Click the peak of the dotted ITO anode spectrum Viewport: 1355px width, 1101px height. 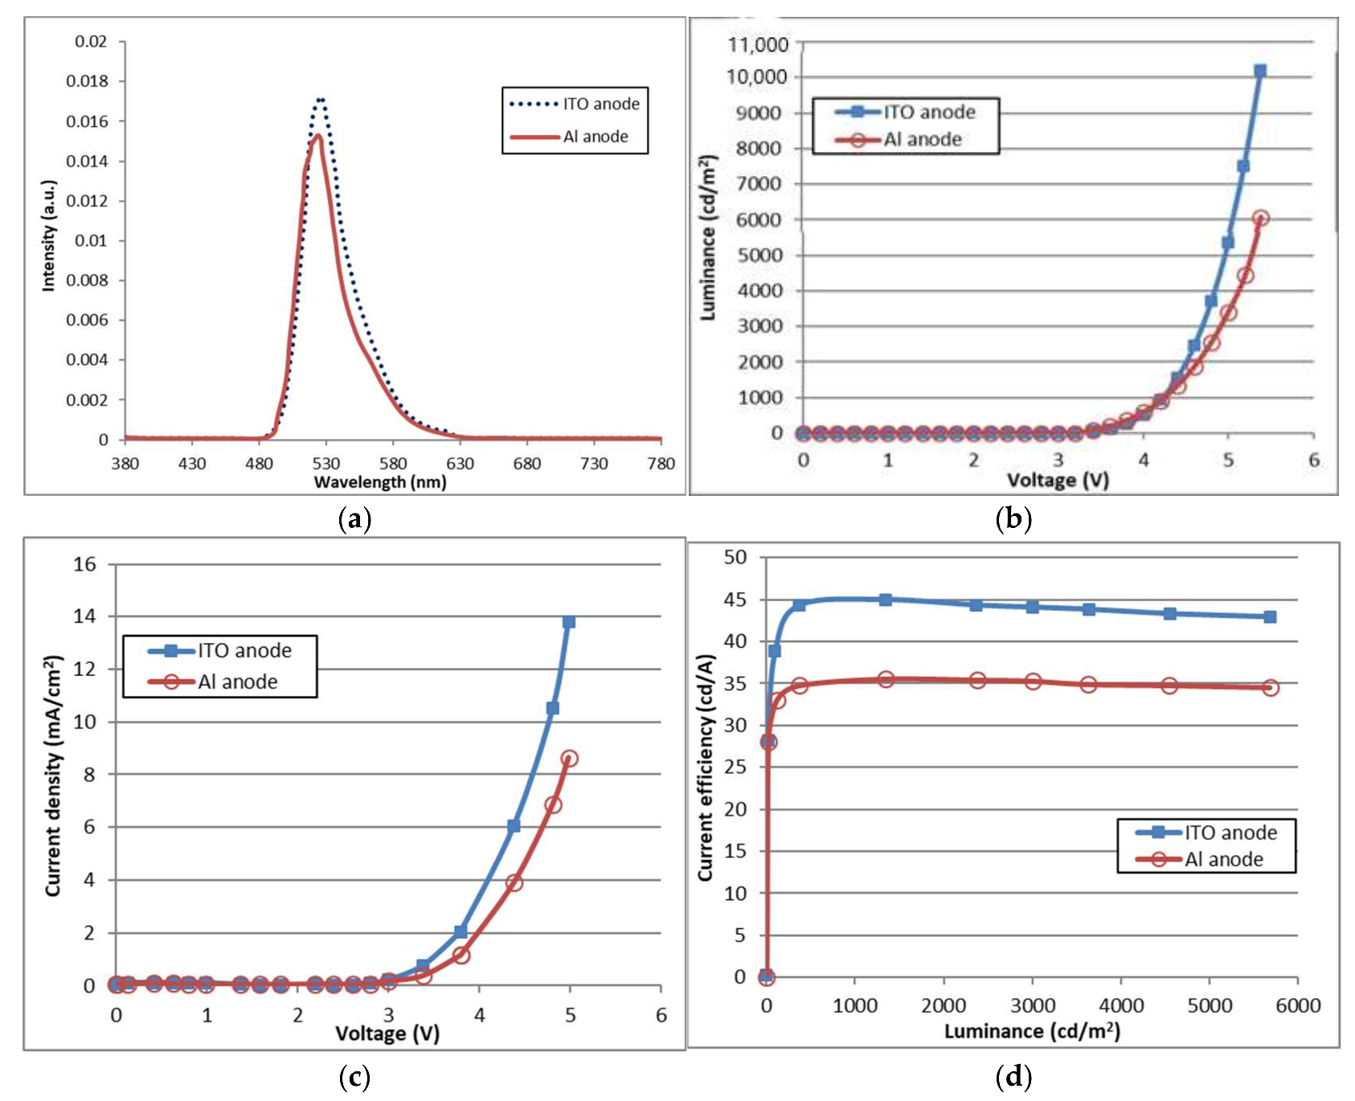click(x=321, y=100)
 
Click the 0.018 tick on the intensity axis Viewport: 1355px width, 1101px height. click(x=91, y=81)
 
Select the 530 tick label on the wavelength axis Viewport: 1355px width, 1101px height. click(x=325, y=464)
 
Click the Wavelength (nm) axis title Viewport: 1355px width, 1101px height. click(x=379, y=482)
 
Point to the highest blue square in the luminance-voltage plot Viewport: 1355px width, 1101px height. click(x=1260, y=72)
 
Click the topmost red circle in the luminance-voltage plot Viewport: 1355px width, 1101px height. click(x=1260, y=219)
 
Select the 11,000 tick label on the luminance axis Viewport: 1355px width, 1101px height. click(x=758, y=44)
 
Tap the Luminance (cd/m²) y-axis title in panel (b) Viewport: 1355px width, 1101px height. click(x=708, y=238)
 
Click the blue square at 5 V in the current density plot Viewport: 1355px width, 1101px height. click(x=569, y=622)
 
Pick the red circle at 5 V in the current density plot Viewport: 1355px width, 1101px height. click(x=569, y=759)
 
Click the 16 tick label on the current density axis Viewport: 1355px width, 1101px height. click(x=84, y=564)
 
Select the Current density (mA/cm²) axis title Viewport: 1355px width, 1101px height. click(x=53, y=776)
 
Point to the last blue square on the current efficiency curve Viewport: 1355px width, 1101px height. click(x=1270, y=617)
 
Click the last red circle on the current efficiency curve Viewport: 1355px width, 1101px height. click(x=1270, y=688)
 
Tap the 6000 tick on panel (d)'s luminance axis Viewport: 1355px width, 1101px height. click(x=1298, y=1005)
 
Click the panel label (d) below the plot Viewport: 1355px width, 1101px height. click(x=1013, y=1076)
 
